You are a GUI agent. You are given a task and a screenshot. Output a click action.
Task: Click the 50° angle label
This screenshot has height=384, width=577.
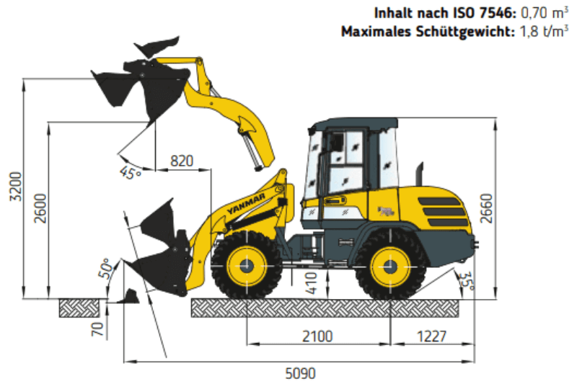106,269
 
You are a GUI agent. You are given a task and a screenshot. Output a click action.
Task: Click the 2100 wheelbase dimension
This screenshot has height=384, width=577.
317,336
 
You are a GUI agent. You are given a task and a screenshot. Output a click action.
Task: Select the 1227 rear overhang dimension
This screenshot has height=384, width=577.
432,336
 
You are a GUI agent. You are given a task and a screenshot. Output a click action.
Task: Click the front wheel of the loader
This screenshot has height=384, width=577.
246,265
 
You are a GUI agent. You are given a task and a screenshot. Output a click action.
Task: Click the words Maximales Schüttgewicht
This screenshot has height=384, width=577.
428,31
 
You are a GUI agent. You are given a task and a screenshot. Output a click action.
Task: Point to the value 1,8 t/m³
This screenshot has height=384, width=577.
546,31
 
